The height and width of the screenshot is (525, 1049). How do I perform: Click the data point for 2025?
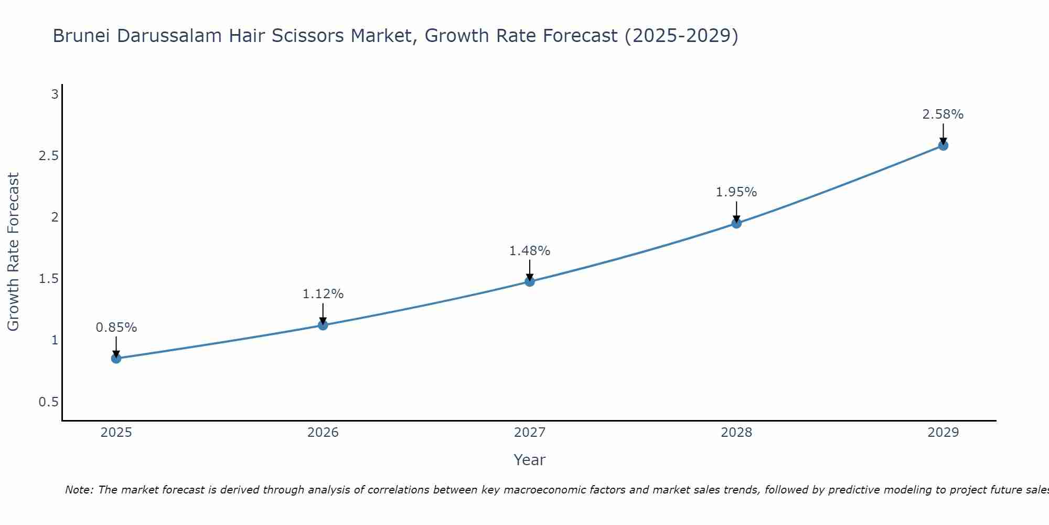[x=116, y=359]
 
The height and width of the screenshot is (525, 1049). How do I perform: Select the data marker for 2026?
[x=323, y=325]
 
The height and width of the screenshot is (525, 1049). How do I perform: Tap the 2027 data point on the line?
[x=530, y=281]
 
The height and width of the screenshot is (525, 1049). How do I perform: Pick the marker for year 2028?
[x=736, y=223]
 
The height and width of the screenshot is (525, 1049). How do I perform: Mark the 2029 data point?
[x=943, y=145]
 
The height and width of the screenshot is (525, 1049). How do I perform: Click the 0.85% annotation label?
[x=116, y=328]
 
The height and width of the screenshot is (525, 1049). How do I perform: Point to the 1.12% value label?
[x=323, y=294]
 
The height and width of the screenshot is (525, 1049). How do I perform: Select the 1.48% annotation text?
[x=530, y=251]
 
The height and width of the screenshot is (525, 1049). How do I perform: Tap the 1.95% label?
[x=736, y=192]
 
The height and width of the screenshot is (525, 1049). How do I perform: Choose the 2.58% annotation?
[x=943, y=114]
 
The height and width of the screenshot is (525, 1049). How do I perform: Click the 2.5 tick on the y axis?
[x=48, y=156]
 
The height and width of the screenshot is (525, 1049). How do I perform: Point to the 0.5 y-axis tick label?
[x=48, y=402]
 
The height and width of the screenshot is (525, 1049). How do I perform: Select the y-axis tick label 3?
[x=55, y=94]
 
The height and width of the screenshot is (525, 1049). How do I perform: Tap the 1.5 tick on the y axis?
[x=48, y=279]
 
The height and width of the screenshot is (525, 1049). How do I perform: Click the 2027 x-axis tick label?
[x=530, y=433]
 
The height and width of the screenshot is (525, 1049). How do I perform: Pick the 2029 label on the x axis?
[x=943, y=433]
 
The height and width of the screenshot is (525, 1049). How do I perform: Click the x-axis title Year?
[x=530, y=460]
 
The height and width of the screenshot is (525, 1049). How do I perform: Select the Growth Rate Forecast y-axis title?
[x=14, y=252]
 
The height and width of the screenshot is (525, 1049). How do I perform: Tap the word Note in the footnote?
[x=79, y=490]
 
